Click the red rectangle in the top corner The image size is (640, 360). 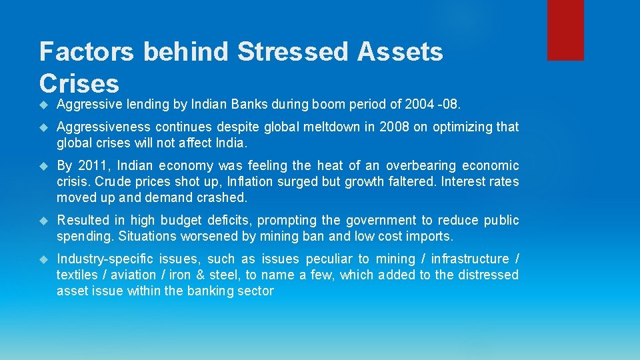tap(565, 30)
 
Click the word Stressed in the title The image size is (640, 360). tap(293, 51)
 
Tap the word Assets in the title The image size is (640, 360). tap(401, 51)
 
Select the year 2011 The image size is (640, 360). tap(90, 165)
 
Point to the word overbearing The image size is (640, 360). tap(425, 165)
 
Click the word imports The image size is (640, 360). tap(431, 236)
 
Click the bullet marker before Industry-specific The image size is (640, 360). tap(44, 259)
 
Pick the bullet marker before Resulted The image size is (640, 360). tap(44, 220)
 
